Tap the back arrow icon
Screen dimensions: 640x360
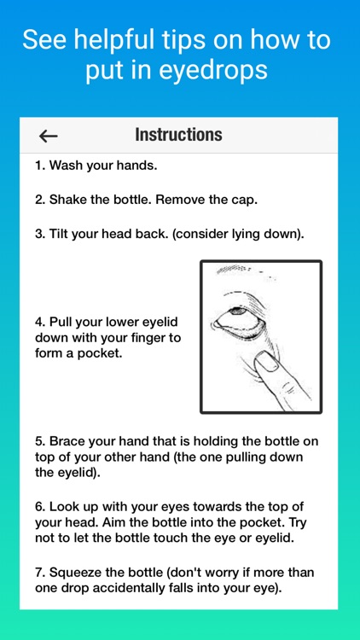[x=49, y=136]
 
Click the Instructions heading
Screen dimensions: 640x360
[x=178, y=135]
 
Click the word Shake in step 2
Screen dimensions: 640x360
[x=67, y=200]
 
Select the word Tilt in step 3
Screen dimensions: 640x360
[x=61, y=234]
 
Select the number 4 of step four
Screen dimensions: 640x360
[x=39, y=323]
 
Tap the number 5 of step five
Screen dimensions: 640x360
[x=39, y=442]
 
